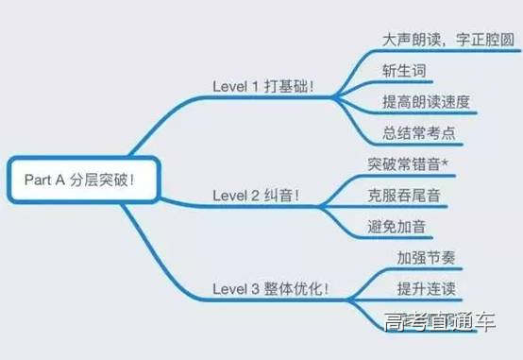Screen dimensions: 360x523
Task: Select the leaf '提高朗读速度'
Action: pos(426,101)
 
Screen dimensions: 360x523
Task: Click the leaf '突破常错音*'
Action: pos(409,164)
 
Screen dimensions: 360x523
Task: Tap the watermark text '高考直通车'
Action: pos(440,324)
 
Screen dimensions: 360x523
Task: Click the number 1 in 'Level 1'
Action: pos(255,86)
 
